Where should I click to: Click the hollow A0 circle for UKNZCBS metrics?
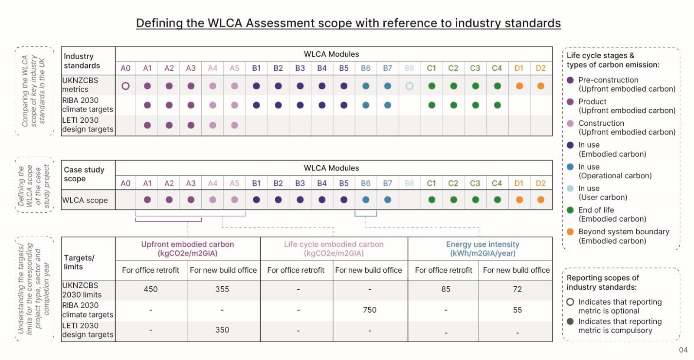pyautogui.click(x=125, y=86)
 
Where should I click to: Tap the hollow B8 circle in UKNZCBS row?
pyautogui.click(x=409, y=86)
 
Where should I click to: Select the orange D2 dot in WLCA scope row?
pyautogui.click(x=540, y=200)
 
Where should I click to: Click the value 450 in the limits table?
pyautogui.click(x=151, y=289)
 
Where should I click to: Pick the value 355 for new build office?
pyautogui.click(x=222, y=289)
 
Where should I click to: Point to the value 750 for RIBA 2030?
pyautogui.click(x=370, y=310)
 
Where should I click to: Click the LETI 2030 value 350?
pyautogui.click(x=222, y=330)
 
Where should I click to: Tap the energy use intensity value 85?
pyautogui.click(x=446, y=289)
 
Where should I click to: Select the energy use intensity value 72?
pyautogui.click(x=517, y=289)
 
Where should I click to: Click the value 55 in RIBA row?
pyautogui.click(x=517, y=310)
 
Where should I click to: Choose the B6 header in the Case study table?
pyautogui.click(x=366, y=183)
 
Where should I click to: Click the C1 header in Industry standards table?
pyautogui.click(x=431, y=68)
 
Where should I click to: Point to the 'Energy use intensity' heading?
pyautogui.click(x=482, y=245)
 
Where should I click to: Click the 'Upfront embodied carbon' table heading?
pyautogui.click(x=187, y=245)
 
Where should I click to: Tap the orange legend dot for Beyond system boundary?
pyautogui.click(x=570, y=232)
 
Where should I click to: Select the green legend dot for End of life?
pyautogui.click(x=570, y=210)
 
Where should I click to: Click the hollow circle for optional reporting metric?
pyautogui.click(x=570, y=302)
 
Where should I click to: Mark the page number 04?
pyautogui.click(x=683, y=350)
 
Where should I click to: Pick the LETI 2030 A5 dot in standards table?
pyautogui.click(x=235, y=125)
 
